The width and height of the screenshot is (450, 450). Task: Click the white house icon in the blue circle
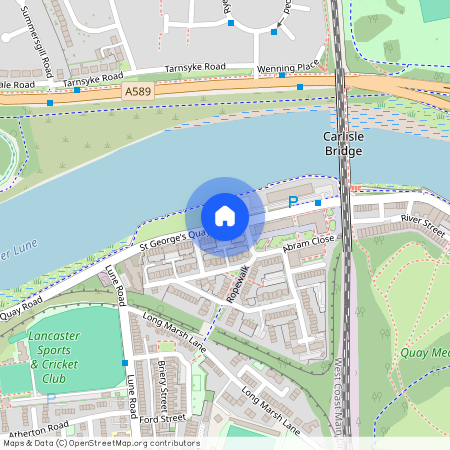(x=224, y=216)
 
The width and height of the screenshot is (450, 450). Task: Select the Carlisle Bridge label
(x=343, y=143)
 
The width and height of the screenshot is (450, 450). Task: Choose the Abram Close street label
(x=309, y=243)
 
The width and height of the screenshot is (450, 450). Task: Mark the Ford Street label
(x=164, y=417)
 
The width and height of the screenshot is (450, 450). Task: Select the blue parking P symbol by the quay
(x=293, y=201)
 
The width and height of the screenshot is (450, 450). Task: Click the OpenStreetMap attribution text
(x=100, y=443)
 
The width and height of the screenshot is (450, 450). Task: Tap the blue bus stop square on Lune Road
(x=124, y=361)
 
